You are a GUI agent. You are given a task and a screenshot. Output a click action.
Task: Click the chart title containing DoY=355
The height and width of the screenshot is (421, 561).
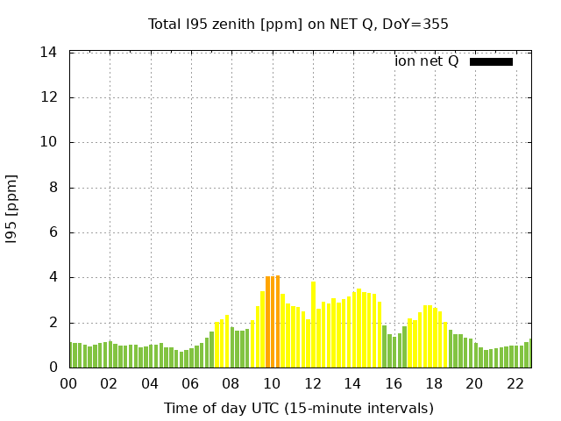[x=298, y=24]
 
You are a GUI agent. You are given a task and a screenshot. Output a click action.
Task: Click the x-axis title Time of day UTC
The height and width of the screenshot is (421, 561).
[x=298, y=408]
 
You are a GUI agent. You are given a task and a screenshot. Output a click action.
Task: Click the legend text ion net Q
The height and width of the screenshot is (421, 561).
[x=427, y=61]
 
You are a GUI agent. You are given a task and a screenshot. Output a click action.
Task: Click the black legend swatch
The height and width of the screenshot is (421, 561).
[x=491, y=61]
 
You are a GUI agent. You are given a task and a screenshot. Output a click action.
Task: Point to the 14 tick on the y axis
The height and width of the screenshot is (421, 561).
[x=49, y=53]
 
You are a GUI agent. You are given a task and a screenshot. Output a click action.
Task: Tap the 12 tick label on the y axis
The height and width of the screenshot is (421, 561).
[x=49, y=97]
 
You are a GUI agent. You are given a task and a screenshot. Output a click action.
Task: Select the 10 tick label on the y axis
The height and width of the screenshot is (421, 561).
[x=49, y=142]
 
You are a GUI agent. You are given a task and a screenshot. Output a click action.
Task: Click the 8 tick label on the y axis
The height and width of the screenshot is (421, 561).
[x=53, y=188]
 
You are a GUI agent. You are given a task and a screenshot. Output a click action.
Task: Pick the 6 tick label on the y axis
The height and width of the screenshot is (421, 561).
[x=53, y=232]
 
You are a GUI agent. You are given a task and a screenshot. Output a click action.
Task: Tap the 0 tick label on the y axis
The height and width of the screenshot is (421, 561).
[x=53, y=367]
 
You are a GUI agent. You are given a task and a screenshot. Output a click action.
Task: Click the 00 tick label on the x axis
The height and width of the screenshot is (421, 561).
[x=68, y=383]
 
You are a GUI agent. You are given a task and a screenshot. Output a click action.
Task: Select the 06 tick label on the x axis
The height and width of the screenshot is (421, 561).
[x=190, y=383]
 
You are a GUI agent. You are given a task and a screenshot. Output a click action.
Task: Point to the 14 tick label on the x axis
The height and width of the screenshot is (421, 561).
[x=352, y=383]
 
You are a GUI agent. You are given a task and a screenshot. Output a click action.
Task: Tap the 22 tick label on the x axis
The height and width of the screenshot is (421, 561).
[x=515, y=383]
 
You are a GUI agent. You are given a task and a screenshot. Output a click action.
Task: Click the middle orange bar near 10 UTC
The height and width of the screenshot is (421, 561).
[x=273, y=322]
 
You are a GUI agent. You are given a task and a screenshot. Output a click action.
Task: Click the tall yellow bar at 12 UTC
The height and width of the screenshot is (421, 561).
[x=313, y=325]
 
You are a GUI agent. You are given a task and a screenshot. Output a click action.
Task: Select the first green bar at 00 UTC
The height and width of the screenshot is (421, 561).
[x=70, y=354]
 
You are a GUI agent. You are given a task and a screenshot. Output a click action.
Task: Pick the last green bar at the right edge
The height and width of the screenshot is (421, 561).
[x=530, y=353]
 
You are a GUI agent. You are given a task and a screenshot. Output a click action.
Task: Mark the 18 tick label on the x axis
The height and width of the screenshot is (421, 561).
[x=434, y=383]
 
